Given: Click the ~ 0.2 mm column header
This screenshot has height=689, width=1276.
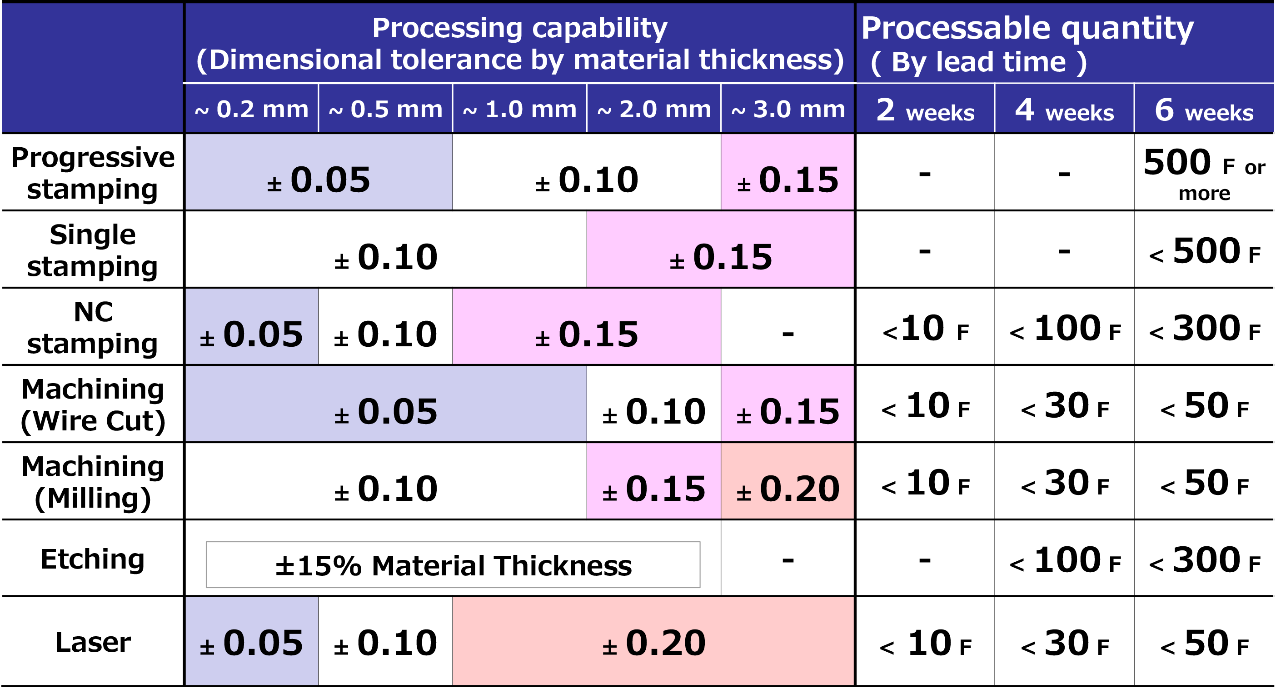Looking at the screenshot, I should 251,109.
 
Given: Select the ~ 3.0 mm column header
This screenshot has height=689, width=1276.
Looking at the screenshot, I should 788,109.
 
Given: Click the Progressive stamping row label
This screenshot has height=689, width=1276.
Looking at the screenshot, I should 93,173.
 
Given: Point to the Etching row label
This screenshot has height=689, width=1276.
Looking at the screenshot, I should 93,559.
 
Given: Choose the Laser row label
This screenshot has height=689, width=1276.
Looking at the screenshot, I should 93,642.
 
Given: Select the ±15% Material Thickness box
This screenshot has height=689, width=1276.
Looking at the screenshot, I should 453,564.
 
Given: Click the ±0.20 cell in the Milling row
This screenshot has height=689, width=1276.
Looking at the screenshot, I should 788,489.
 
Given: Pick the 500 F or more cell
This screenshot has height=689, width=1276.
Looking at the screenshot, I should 1204,173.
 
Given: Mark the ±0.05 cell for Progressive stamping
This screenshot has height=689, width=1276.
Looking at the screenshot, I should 319,180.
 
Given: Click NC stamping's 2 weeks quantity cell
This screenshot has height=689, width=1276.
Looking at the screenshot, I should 925,328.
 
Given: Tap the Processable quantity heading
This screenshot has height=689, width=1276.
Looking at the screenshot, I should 1027,28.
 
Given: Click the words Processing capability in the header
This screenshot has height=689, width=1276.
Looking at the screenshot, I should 519,28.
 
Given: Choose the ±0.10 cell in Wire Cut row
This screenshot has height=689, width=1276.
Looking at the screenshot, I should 654,411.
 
